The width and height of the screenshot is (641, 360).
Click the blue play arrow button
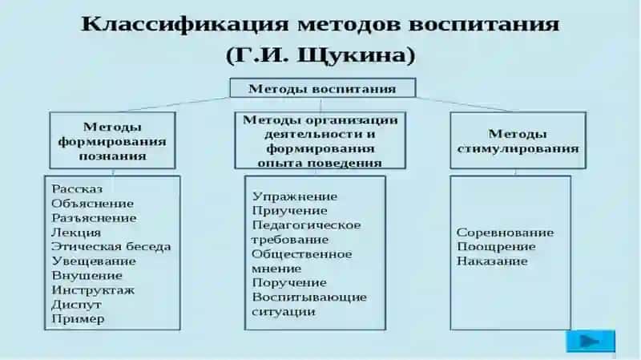coord(591,341)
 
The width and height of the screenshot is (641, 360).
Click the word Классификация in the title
coord(185,24)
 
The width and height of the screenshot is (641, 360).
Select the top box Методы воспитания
coord(323,88)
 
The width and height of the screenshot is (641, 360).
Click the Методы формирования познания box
coord(112,140)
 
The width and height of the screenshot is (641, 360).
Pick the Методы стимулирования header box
coord(518,140)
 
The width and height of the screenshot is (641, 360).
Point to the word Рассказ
coord(77,189)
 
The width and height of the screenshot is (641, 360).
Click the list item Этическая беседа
coord(111,247)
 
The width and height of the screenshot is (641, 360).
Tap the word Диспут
coord(76,305)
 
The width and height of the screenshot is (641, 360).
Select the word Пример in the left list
coord(78,319)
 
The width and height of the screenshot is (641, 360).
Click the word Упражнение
coord(295,196)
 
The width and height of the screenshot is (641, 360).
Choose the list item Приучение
coord(290,211)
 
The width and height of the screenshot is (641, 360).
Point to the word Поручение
coord(289,283)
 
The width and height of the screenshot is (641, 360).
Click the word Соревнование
coord(506,233)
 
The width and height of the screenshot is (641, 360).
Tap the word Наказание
coord(492,261)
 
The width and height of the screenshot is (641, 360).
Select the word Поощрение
coord(496,247)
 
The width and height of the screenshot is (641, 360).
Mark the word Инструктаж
coord(93,290)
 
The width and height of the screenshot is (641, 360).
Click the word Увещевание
coord(94,261)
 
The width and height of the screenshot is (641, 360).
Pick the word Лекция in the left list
coord(76,233)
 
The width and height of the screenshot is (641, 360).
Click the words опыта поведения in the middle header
coord(320,164)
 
